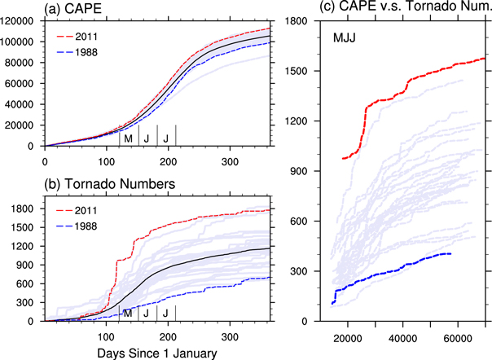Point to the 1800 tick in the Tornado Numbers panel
(x=30, y=208)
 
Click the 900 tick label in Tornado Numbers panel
(x=33, y=265)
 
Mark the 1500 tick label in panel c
(x=301, y=71)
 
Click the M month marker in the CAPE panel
(x=127, y=137)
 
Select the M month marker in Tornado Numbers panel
(x=127, y=313)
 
